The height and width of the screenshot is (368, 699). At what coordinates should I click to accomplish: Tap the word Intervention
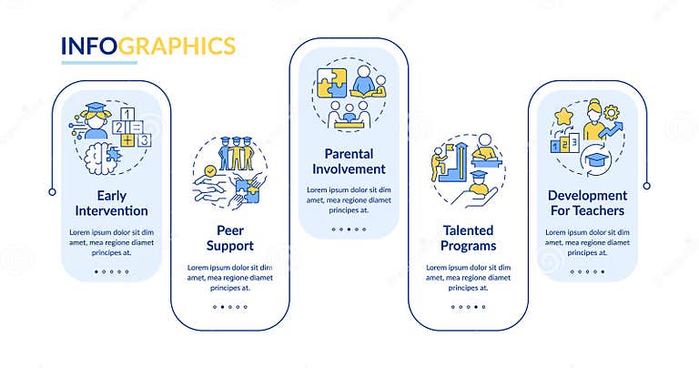coord(111,211)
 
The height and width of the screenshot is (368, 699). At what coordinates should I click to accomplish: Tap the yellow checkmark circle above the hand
coord(210,169)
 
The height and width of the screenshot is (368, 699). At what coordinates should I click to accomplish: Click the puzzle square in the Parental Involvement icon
coord(329,79)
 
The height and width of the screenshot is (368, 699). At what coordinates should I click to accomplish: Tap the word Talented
coord(461,230)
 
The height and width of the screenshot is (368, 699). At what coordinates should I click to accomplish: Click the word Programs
coord(461,246)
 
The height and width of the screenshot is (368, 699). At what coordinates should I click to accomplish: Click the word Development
coord(586,195)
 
